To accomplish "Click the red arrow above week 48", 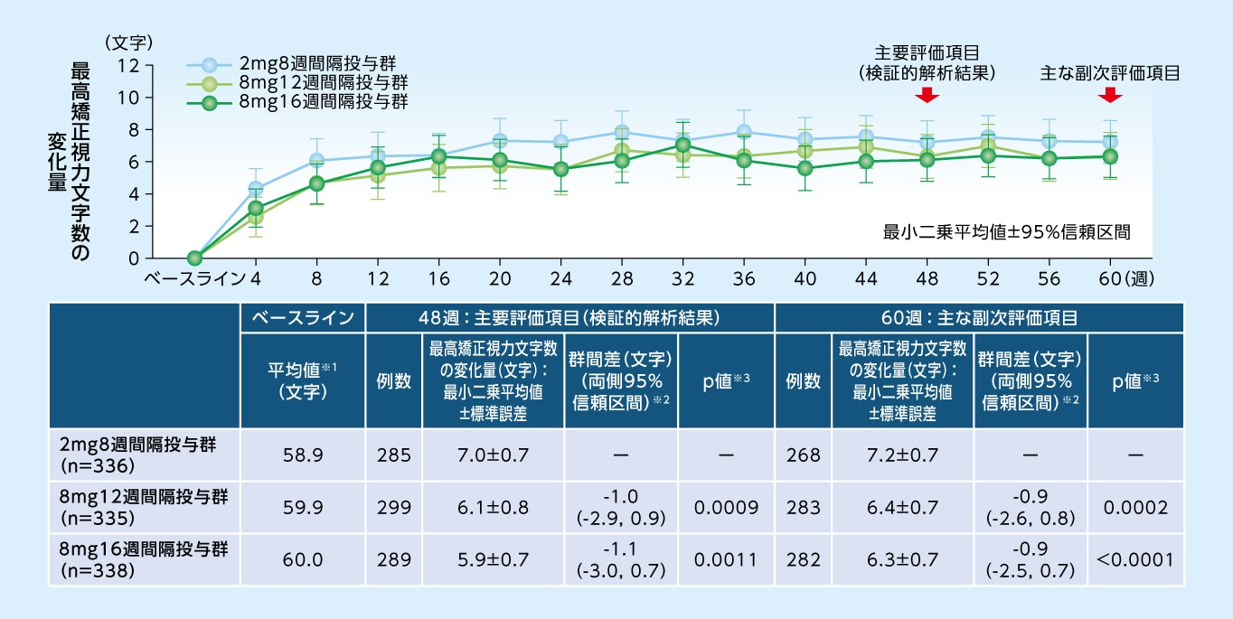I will pyautogui.click(x=927, y=94).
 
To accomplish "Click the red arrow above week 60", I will pyautogui.click(x=1112, y=94).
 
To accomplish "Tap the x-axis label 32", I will pyautogui.click(x=683, y=277).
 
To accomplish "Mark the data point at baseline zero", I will pyautogui.click(x=194, y=258).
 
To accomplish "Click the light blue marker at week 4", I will pyautogui.click(x=256, y=189).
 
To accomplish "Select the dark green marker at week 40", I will pyautogui.click(x=805, y=168).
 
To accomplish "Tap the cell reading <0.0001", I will pyautogui.click(x=1136, y=560).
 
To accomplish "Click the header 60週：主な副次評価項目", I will pyautogui.click(x=979, y=318).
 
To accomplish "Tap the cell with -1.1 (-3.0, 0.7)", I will pyautogui.click(x=620, y=560).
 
